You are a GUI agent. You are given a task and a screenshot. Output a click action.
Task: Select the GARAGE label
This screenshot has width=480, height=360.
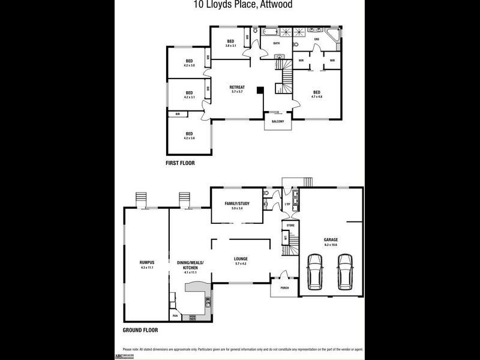(331, 239)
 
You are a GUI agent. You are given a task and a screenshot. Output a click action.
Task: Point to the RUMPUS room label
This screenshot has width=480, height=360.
(147, 262)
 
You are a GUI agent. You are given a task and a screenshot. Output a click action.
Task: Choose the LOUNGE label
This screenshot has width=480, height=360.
(241, 259)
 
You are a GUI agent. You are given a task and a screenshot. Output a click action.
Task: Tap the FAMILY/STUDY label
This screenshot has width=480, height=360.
(237, 203)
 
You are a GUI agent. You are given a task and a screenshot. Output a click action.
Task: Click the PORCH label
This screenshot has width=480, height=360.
(284, 288)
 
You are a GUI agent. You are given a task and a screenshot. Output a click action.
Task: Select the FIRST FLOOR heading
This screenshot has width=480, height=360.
(180, 163)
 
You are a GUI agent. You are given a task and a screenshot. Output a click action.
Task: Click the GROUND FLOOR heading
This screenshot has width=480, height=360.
(140, 331)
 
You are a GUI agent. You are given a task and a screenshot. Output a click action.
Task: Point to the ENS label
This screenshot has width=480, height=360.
(317, 40)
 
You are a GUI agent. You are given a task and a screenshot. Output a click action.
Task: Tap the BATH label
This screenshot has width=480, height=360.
(277, 44)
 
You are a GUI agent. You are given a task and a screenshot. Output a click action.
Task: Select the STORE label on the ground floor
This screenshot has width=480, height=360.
(290, 225)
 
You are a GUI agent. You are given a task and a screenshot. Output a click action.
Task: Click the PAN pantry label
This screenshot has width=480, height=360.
(176, 316)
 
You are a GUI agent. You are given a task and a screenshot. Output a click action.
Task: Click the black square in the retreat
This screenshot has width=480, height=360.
(260, 91)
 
